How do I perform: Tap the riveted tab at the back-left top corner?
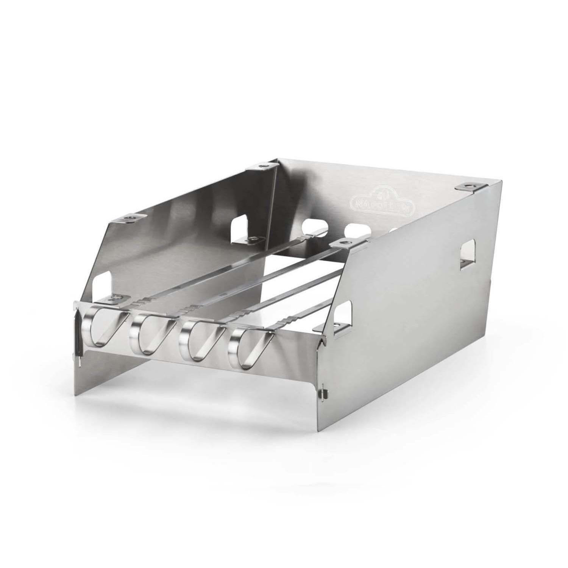[x=262, y=167]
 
